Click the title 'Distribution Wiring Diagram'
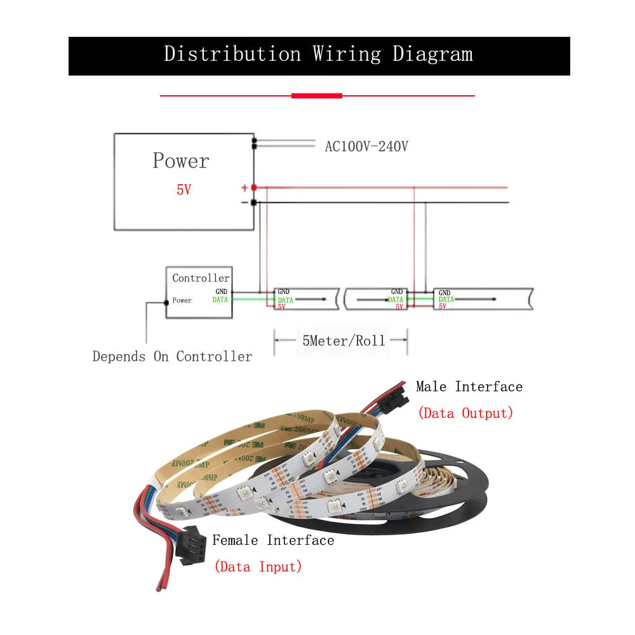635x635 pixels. point(318,55)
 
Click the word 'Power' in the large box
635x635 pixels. point(181,161)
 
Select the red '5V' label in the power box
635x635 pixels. point(184,190)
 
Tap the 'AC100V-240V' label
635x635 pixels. point(366,147)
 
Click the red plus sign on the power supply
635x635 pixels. point(244,188)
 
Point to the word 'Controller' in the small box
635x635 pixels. point(201,278)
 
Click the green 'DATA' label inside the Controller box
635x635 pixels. point(220,300)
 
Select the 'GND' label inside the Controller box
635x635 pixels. point(221,291)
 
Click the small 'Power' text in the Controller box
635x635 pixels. point(182,300)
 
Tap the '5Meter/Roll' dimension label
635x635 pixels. point(344,341)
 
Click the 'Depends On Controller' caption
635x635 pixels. point(172,357)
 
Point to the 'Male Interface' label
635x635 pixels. point(469,387)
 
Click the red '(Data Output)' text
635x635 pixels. point(465,413)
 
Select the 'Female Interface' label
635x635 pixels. point(273,540)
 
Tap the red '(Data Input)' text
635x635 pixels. point(258,566)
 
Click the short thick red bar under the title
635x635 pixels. point(316,96)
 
